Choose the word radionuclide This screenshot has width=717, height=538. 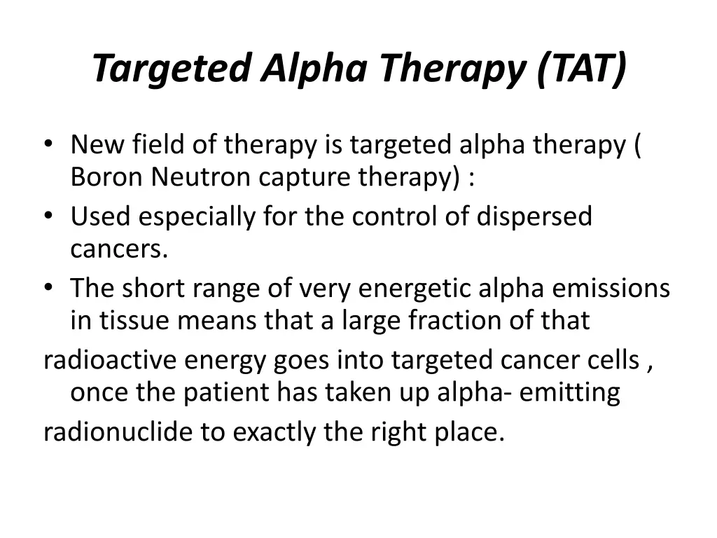tap(117, 432)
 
